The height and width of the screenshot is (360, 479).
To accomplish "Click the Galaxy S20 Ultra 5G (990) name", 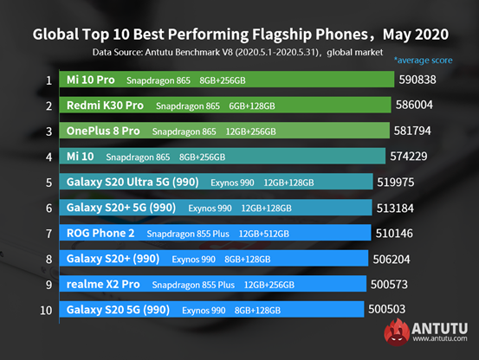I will click(132, 183).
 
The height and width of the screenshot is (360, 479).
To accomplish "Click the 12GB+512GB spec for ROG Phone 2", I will click(270, 234).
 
